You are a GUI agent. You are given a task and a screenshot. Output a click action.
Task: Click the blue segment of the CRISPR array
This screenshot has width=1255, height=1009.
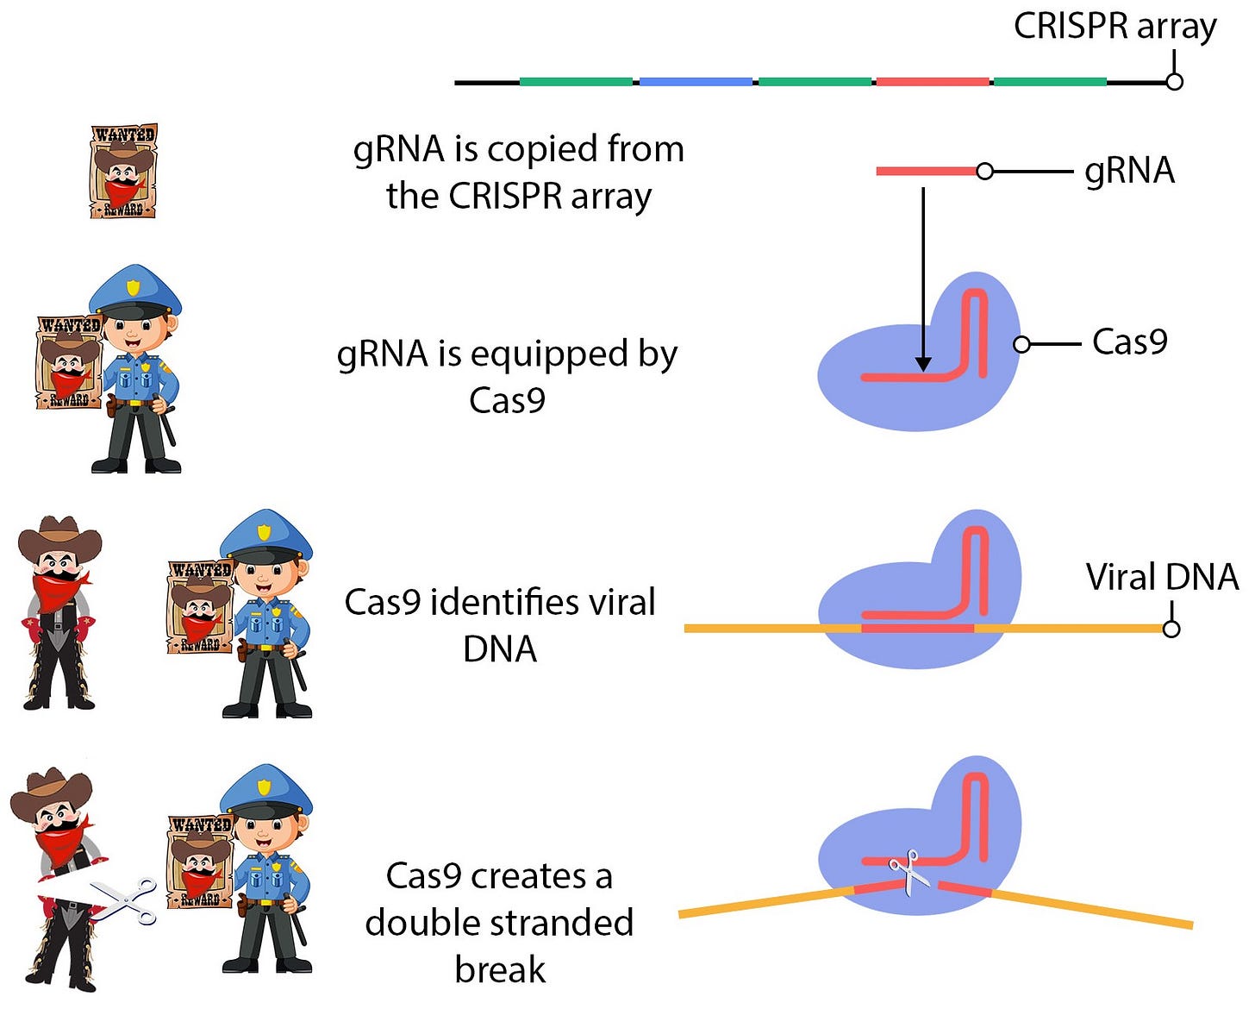pos(696,82)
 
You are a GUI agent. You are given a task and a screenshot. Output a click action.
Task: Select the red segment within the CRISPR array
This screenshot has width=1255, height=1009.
pos(933,82)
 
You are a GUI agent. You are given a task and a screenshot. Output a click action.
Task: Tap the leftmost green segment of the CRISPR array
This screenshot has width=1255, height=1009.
pos(576,82)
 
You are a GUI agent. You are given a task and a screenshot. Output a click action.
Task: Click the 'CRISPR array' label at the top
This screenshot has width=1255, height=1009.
pos(1115,28)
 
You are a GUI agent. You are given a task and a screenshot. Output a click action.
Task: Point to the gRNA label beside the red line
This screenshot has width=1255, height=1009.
pos(1130,171)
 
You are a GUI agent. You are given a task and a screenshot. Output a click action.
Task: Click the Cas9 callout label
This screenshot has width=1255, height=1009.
pos(1130,342)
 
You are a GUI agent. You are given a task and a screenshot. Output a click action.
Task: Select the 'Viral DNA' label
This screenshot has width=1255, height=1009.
pos(1162,578)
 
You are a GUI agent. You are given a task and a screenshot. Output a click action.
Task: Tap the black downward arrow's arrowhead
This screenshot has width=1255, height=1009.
pos(923,364)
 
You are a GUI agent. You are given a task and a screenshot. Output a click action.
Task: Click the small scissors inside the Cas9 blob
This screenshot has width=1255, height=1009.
pos(905,873)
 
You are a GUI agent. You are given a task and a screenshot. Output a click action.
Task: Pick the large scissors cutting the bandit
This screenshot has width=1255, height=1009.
pos(124,901)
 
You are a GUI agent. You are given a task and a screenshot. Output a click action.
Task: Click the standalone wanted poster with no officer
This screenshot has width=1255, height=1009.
pos(123,171)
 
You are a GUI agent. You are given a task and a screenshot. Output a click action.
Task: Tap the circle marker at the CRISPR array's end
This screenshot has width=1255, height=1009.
pos(1175,82)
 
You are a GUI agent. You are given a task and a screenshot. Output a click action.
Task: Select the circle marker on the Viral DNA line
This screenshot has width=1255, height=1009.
pos(1171,629)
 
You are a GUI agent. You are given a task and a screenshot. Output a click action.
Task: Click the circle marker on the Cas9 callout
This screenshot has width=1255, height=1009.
pos(1021,344)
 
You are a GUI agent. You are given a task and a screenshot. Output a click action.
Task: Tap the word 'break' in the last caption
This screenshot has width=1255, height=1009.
pos(500,970)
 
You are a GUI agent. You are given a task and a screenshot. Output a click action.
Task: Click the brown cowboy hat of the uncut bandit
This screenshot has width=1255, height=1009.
pos(60,537)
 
